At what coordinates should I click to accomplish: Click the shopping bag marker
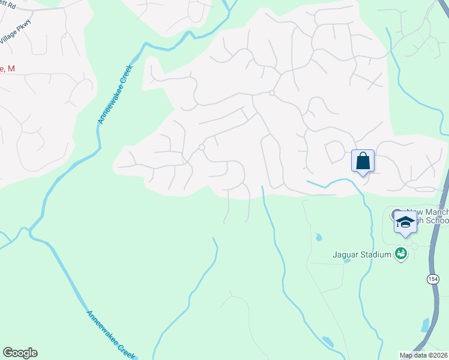(363, 161)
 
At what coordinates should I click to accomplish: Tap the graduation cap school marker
(405, 222)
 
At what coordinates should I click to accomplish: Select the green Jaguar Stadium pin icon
(400, 254)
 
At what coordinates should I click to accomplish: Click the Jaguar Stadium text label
(362, 254)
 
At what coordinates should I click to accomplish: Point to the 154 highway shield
(433, 280)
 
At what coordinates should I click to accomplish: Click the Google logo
(20, 353)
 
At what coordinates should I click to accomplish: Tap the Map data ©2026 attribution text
(423, 355)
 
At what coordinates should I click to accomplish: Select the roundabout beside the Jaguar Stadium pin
(414, 247)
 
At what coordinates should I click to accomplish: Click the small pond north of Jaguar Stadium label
(318, 238)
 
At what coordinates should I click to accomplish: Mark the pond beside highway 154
(425, 325)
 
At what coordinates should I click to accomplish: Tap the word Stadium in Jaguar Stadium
(375, 254)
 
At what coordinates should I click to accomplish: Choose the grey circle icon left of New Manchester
(396, 214)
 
